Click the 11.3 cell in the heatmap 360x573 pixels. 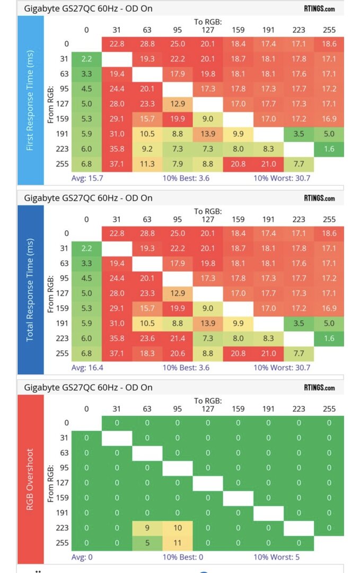coord(147,163)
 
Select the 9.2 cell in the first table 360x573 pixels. coord(147,149)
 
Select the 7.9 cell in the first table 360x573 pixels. coord(177,163)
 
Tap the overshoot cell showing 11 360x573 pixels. coord(177,543)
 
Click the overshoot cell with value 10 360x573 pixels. coord(177,528)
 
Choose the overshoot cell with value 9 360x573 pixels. coord(147,528)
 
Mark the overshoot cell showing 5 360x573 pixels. coord(147,543)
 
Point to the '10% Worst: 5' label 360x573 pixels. coord(277,557)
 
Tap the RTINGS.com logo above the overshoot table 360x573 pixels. coord(319,387)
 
